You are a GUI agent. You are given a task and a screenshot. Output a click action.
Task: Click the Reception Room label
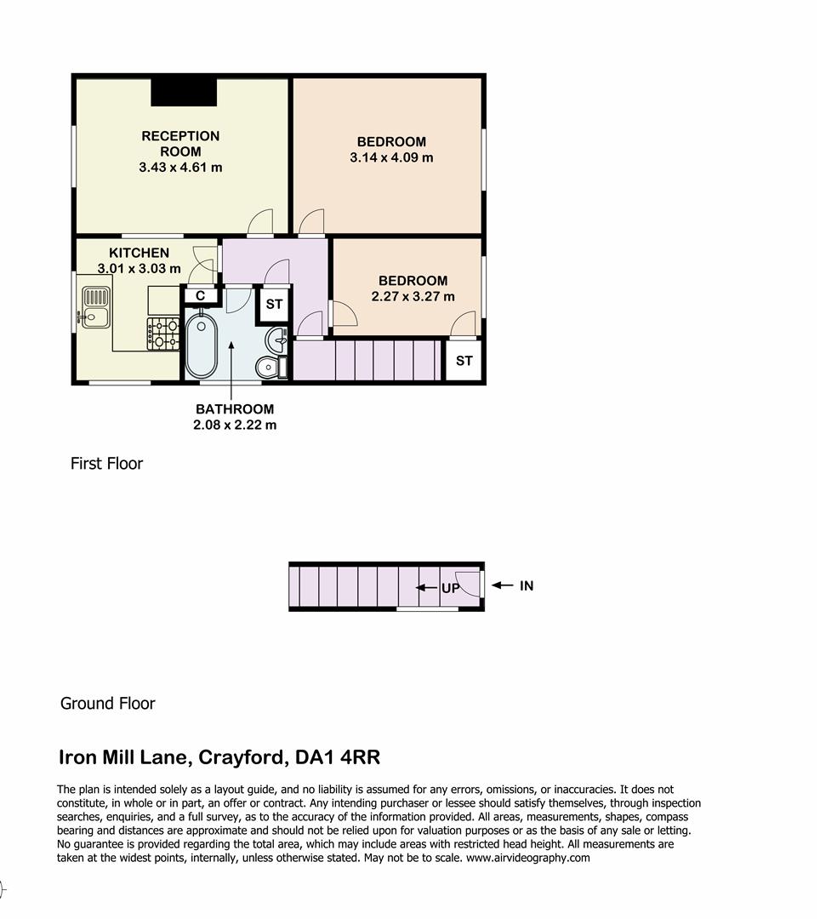(180, 144)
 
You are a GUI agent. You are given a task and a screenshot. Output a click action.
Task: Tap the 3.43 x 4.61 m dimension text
(180, 168)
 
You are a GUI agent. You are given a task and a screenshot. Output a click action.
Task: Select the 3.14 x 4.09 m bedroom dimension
(391, 157)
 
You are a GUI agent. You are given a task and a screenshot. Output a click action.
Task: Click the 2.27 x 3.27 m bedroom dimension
(413, 297)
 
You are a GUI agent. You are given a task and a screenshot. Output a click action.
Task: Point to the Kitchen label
(139, 253)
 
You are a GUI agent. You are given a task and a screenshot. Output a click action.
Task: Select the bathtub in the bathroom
(202, 345)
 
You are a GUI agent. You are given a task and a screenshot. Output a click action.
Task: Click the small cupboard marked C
(201, 296)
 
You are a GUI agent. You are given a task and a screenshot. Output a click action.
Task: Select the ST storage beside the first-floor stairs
(464, 361)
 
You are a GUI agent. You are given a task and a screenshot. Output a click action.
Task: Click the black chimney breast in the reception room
(184, 91)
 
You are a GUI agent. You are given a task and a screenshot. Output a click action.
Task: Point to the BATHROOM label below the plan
(235, 408)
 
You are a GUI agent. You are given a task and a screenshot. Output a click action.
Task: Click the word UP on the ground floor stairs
(450, 588)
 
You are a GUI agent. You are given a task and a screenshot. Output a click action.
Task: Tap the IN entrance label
(527, 585)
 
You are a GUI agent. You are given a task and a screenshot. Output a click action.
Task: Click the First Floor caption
(106, 464)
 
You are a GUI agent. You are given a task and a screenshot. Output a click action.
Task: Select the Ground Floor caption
(107, 704)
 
